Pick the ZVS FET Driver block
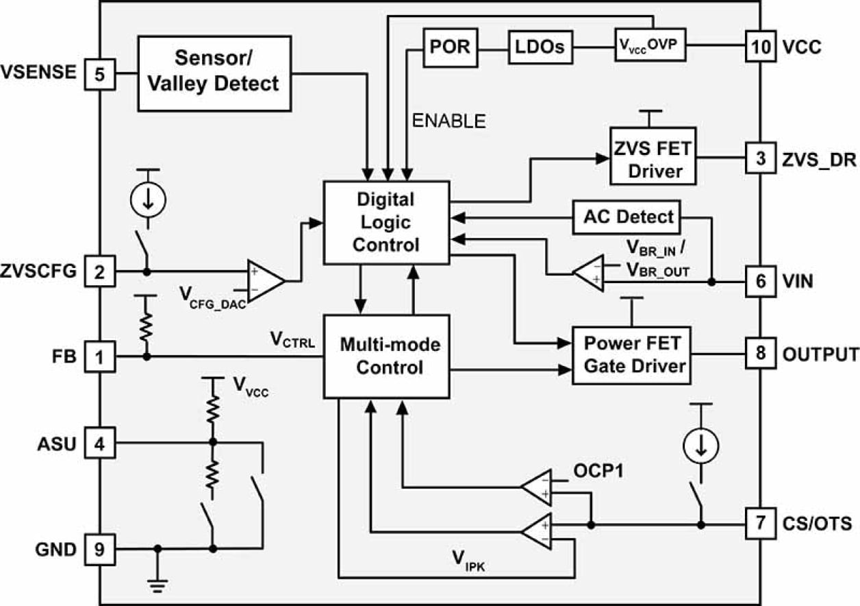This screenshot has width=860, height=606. click(653, 156)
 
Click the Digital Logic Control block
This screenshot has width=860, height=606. click(385, 222)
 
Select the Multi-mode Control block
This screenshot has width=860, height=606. click(385, 356)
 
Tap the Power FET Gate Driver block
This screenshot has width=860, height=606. click(631, 355)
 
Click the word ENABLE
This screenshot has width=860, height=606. click(449, 121)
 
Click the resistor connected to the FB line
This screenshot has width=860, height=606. click(146, 327)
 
